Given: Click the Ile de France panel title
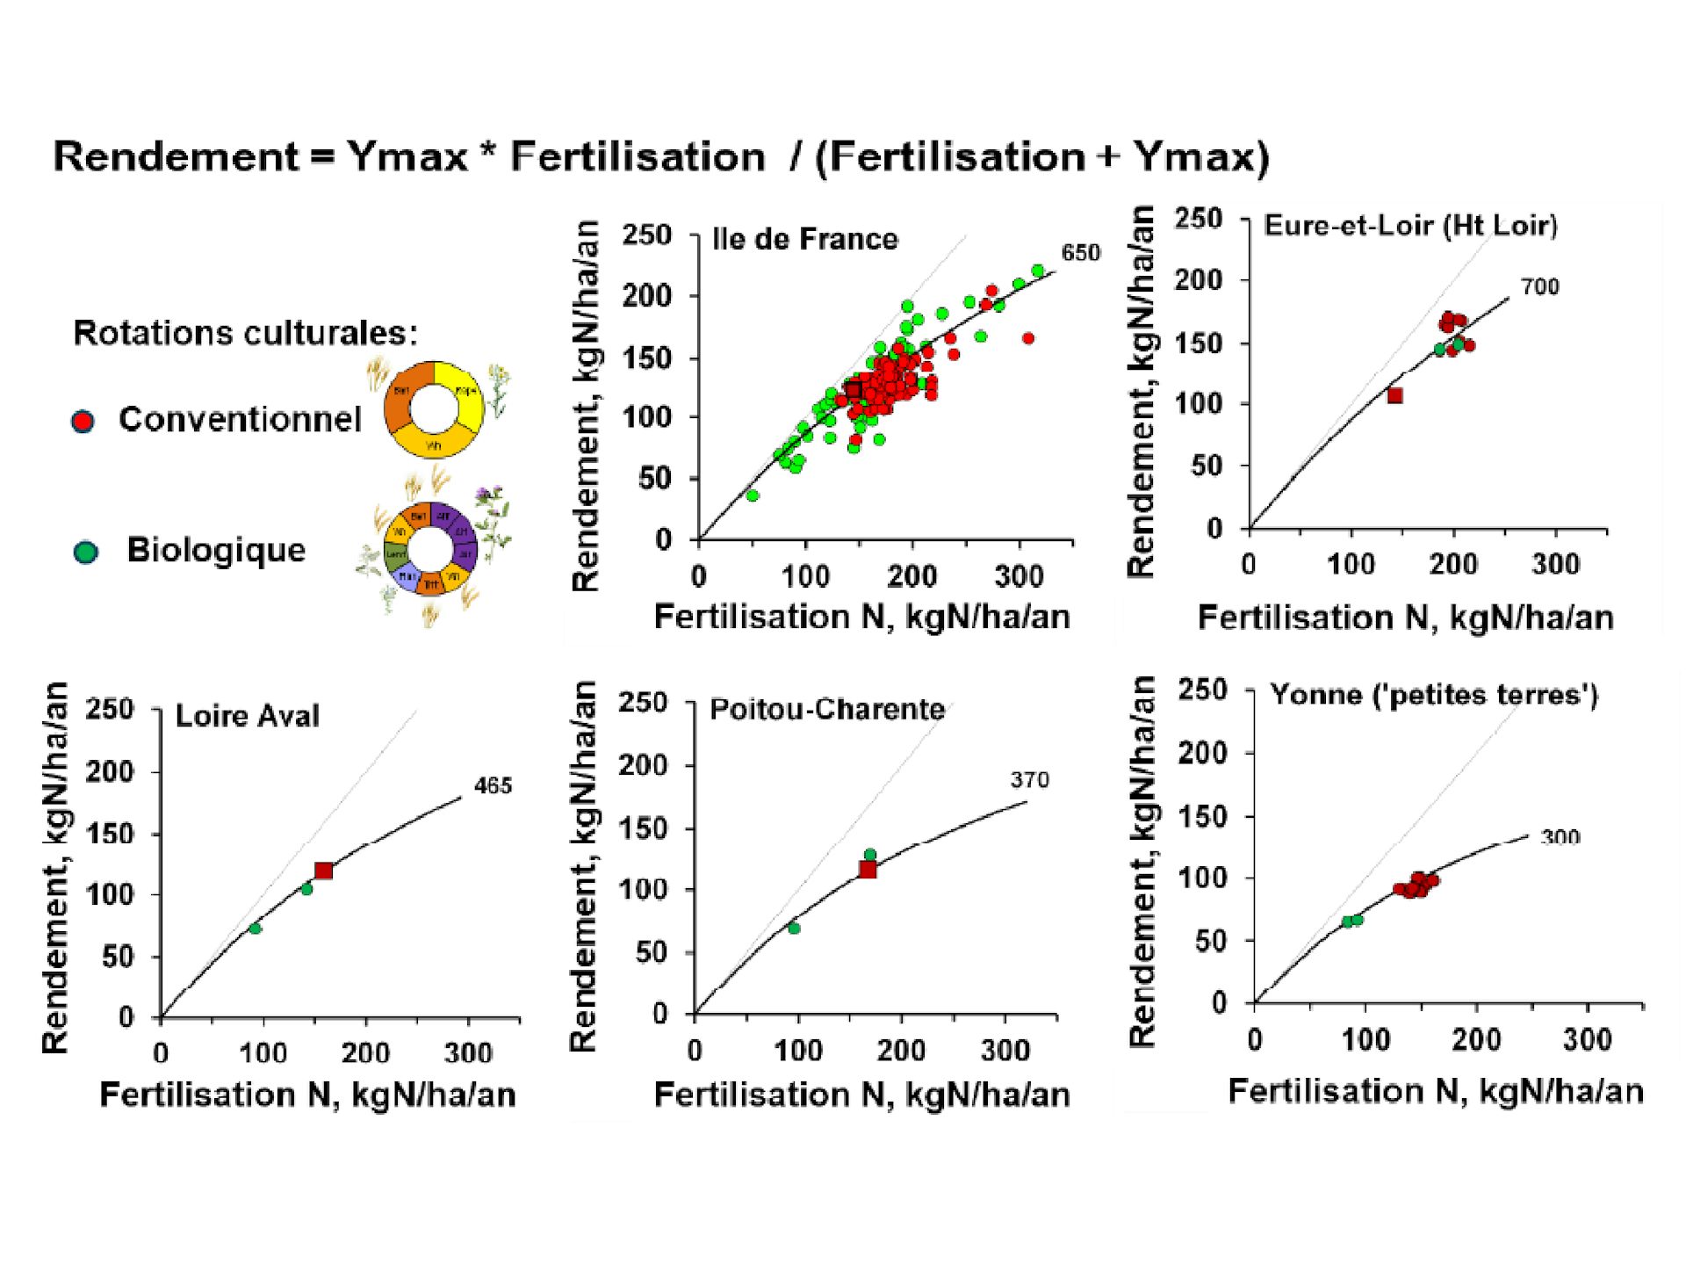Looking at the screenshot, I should pyautogui.click(x=804, y=239).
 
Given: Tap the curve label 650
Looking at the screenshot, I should pyautogui.click(x=1080, y=253).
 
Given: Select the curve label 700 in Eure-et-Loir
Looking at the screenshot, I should pyautogui.click(x=1540, y=287).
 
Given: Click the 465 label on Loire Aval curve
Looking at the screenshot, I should pyautogui.click(x=493, y=785).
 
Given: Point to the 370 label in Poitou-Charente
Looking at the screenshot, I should pyautogui.click(x=1029, y=780).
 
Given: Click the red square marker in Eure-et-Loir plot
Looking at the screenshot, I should pyautogui.click(x=1394, y=396).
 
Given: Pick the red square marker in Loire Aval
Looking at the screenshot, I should pyautogui.click(x=323, y=871).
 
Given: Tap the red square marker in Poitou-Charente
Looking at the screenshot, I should pyautogui.click(x=868, y=870).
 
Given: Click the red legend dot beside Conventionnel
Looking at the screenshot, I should pyautogui.click(x=83, y=422).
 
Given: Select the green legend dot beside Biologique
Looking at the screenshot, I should pyautogui.click(x=85, y=553).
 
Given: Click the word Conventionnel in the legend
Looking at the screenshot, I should pyautogui.click(x=240, y=420).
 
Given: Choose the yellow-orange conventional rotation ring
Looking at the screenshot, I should pyautogui.click(x=434, y=408).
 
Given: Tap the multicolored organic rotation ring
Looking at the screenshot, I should pyautogui.click(x=430, y=549).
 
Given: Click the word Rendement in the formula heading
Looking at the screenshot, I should pyautogui.click(x=176, y=157).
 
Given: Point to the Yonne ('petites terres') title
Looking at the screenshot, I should pyautogui.click(x=1433, y=696).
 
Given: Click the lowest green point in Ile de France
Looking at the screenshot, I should pyautogui.click(x=753, y=495).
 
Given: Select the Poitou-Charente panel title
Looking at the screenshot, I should pyautogui.click(x=826, y=709).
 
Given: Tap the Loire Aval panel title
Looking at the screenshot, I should pyautogui.click(x=247, y=716).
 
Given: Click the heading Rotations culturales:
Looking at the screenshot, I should pyautogui.click(x=245, y=333).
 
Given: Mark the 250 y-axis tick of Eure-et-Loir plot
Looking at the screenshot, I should pyautogui.click(x=1199, y=219).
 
